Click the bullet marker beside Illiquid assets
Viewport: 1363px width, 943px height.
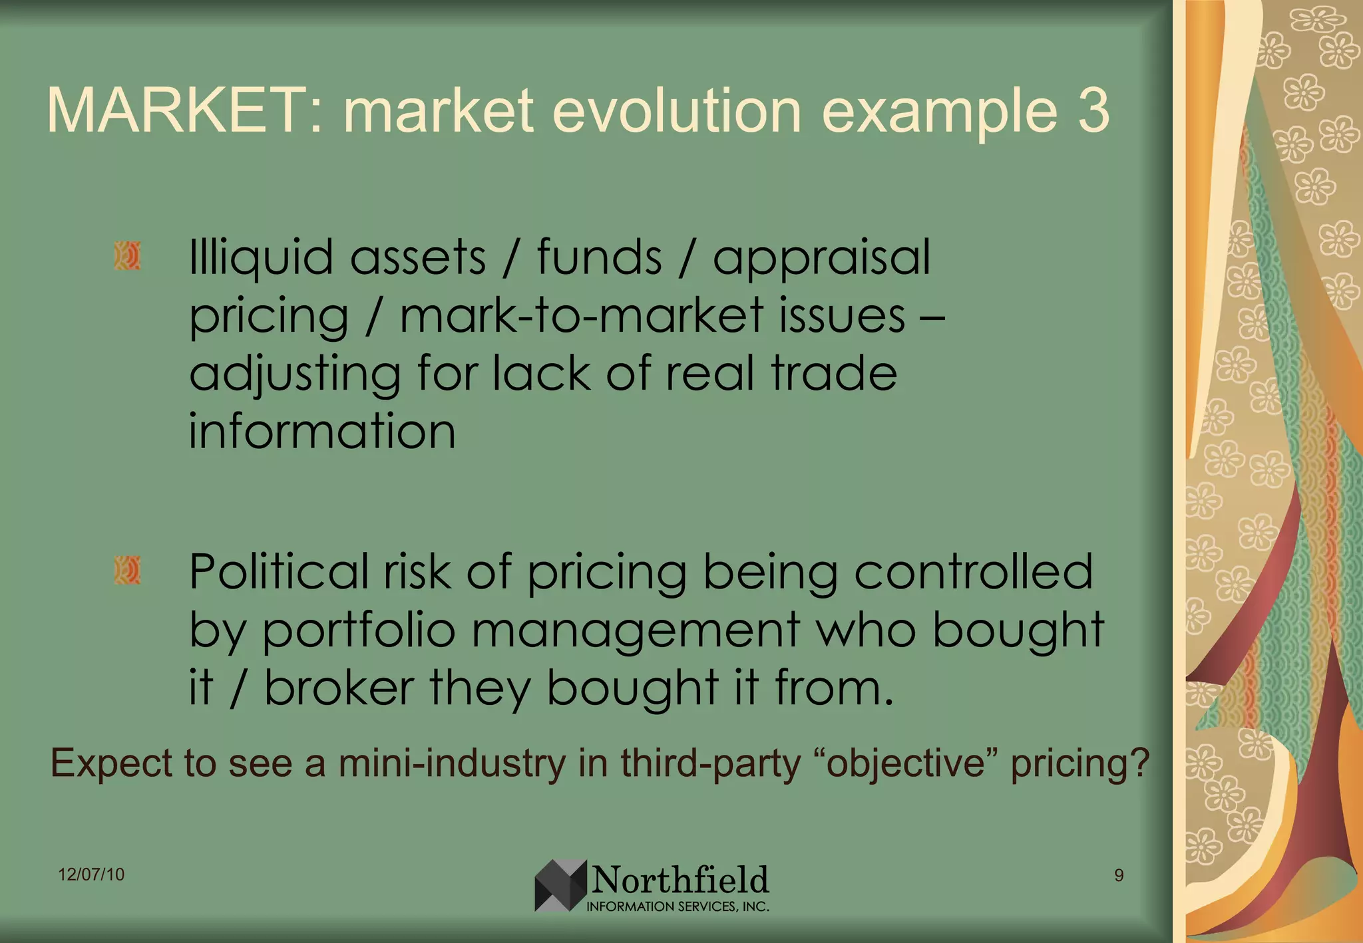point(127,256)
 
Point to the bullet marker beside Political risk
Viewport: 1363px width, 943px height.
point(127,571)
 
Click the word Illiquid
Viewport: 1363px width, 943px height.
point(261,258)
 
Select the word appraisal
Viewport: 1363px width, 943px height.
point(821,258)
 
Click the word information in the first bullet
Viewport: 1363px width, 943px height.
point(322,432)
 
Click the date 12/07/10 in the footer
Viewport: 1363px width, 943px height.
point(91,875)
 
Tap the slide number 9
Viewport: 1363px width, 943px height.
point(1119,875)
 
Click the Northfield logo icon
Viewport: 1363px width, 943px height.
point(560,885)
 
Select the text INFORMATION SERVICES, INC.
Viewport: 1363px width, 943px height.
point(678,906)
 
